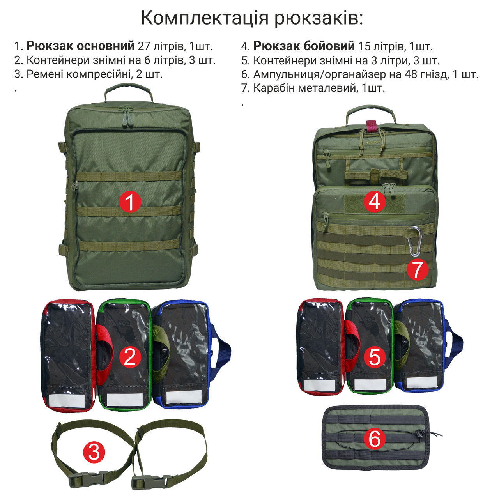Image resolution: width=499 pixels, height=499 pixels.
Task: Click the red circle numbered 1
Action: click(x=130, y=202)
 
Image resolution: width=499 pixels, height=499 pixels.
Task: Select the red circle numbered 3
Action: click(x=94, y=453)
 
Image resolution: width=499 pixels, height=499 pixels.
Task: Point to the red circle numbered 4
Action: click(x=374, y=202)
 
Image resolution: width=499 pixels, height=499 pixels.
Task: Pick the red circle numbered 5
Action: click(x=374, y=357)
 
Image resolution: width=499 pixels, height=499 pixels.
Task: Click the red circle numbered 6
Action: click(x=374, y=439)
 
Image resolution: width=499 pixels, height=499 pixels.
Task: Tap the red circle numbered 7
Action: click(x=418, y=269)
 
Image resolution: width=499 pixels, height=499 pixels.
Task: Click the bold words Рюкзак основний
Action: click(x=81, y=46)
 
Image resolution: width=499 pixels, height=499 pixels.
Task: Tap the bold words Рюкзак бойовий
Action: click(x=304, y=46)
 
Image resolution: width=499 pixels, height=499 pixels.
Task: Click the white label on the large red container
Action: click(x=67, y=400)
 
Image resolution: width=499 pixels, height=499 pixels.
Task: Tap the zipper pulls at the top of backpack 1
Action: click(x=126, y=116)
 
